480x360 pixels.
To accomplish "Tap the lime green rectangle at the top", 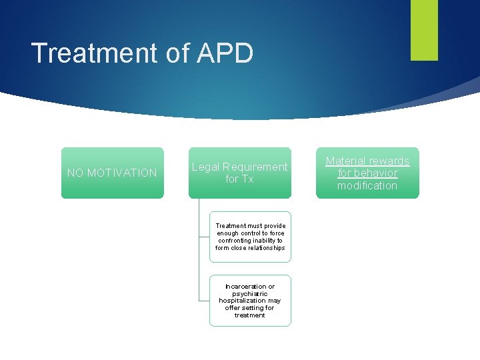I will pos(424,29).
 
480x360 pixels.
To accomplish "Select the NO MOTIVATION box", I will pos(112,173).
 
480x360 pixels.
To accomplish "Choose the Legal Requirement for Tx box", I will pos(239,173).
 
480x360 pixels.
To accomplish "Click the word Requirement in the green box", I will pos(255,167).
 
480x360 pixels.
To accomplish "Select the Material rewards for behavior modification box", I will pos(367,173).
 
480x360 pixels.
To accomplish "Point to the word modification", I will pos(367,185).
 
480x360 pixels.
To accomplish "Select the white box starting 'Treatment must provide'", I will pos(250,237).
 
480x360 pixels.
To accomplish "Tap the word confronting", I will pos(237,241).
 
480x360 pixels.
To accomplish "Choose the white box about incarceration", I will pos(250,301).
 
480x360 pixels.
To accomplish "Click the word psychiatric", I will pos(250,294).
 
